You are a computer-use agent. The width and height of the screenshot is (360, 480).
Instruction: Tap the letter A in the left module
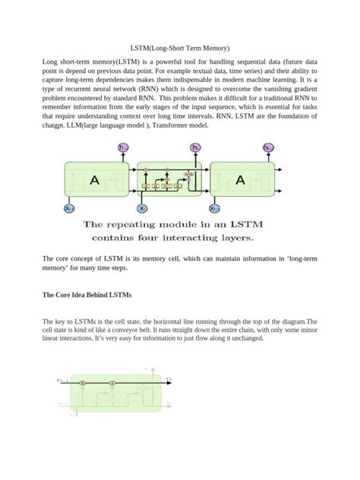94,180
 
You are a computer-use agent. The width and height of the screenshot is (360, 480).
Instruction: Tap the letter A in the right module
240,180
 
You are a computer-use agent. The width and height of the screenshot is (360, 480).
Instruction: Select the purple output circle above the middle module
197,147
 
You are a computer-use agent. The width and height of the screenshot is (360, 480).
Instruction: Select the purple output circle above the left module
124,147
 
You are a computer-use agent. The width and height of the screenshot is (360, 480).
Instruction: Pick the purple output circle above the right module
268,147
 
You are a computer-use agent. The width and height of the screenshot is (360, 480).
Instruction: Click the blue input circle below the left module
69,208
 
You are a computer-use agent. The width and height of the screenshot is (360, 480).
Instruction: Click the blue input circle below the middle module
142,208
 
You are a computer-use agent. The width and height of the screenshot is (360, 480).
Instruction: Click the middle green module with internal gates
169,181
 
